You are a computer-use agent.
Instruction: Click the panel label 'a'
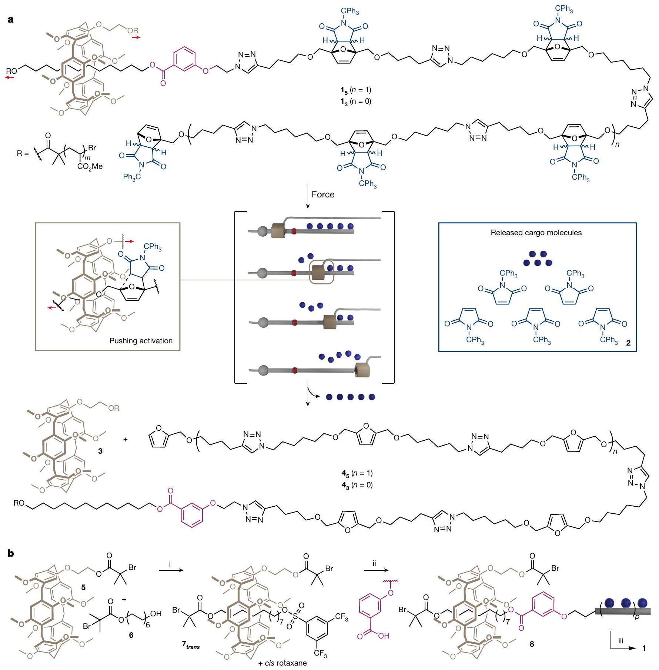coord(10,20)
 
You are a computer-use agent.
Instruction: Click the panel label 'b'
coord(11,553)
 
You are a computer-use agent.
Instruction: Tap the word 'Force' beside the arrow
coord(323,194)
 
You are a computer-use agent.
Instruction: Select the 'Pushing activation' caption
coord(141,341)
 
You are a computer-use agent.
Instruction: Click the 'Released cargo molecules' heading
coord(536,233)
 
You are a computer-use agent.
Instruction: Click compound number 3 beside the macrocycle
coord(100,451)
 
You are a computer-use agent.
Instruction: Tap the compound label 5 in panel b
coord(83,587)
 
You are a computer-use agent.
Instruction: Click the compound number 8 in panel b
coord(532,644)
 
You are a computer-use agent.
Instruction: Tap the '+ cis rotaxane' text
coord(282,663)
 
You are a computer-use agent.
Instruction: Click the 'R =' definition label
coord(24,153)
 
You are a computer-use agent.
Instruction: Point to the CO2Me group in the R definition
coord(90,167)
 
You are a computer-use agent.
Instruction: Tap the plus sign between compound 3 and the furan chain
coord(126,440)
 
